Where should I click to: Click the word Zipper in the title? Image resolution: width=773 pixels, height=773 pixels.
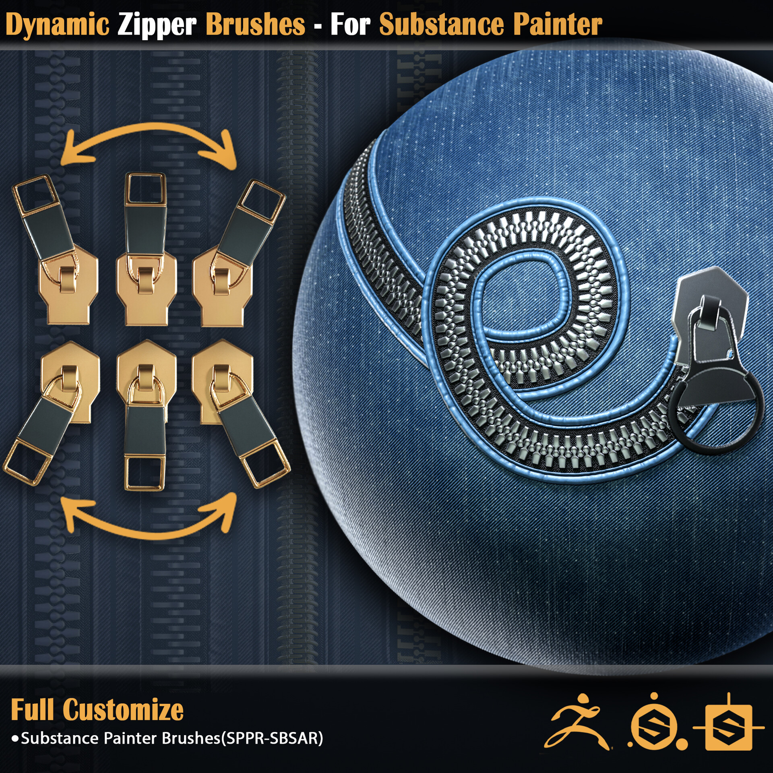pyautogui.click(x=157, y=25)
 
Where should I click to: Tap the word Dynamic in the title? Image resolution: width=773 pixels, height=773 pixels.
pyautogui.click(x=57, y=25)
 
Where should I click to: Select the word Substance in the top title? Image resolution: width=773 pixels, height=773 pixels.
pyautogui.click(x=441, y=25)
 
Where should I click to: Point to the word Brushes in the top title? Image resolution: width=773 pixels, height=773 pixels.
pyautogui.click(x=255, y=25)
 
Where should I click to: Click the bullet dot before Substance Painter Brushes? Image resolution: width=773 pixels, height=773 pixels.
pyautogui.click(x=15, y=739)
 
